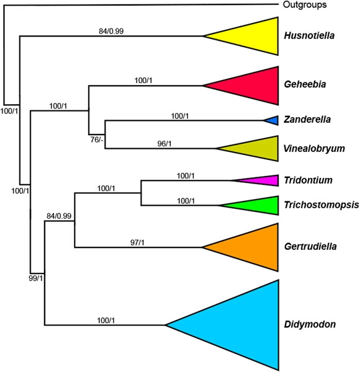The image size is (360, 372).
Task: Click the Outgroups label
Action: (x=305, y=5)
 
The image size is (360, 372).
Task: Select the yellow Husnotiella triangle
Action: (x=253, y=36)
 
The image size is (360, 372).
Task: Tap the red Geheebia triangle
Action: (x=253, y=86)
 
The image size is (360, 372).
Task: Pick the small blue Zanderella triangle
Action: (x=272, y=120)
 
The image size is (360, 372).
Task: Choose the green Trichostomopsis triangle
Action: (x=258, y=205)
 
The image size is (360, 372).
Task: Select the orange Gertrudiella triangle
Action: (x=253, y=247)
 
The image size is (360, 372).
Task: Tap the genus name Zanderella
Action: (x=307, y=119)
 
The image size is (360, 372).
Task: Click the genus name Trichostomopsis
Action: (x=322, y=205)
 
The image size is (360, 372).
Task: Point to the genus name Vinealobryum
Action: (x=314, y=149)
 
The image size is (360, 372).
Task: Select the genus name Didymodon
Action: (x=310, y=324)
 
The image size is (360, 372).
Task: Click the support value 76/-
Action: (x=97, y=139)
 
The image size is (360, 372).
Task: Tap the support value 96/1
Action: (x=164, y=144)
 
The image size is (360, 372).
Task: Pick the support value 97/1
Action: (x=137, y=242)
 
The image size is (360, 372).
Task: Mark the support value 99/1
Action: (x=35, y=278)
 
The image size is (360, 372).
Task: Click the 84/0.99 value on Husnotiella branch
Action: (x=111, y=31)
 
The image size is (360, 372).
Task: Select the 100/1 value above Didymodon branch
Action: (x=106, y=321)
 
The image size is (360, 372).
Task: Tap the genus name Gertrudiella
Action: (x=310, y=247)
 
